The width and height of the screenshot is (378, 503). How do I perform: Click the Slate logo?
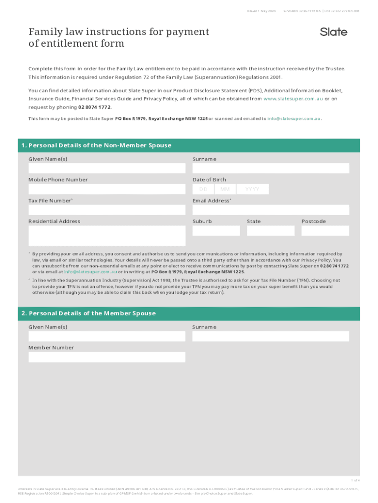[x=333, y=32]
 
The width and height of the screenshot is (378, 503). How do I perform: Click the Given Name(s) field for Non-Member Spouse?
[x=107, y=168]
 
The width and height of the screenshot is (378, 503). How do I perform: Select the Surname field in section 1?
[x=270, y=168]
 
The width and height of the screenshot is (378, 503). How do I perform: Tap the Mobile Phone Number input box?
[x=107, y=189]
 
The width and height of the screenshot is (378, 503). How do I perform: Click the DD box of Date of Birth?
[x=203, y=189]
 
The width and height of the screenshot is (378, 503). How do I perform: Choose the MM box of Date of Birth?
[x=225, y=189]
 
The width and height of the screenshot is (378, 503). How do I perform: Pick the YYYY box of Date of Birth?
[x=252, y=189]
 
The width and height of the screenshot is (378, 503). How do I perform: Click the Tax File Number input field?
[x=107, y=210]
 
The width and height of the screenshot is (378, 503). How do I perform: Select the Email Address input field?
[x=270, y=210]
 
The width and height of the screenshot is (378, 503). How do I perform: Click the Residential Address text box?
[x=107, y=236]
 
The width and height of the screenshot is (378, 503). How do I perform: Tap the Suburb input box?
[x=216, y=230]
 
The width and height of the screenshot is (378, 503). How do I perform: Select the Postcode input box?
[x=325, y=230]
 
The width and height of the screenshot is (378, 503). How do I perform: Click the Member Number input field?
[x=107, y=357]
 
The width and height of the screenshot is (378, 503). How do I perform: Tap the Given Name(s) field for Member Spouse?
[x=107, y=336]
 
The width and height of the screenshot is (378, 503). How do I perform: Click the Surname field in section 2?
[x=270, y=336]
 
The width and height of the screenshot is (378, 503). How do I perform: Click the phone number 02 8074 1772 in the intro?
[x=91, y=107]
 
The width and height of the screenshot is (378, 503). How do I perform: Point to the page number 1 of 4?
[x=354, y=480]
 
